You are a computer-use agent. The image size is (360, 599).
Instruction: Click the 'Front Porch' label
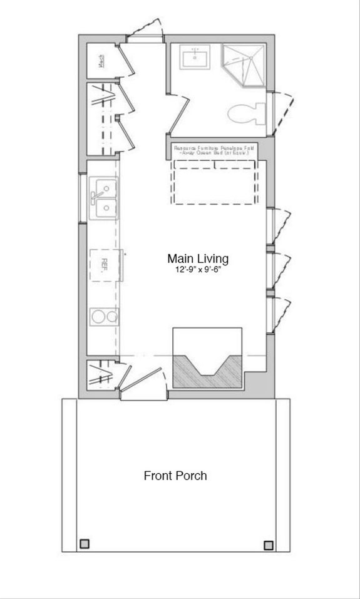coord(175,476)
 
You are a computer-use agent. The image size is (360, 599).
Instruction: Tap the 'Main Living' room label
coord(198,259)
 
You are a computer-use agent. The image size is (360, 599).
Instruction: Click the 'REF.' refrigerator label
coord(105,264)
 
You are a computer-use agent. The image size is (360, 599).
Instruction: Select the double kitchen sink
coord(104,198)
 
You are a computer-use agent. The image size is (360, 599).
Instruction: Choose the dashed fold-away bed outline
coord(214,182)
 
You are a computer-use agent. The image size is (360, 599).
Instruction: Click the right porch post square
coord(269,545)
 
